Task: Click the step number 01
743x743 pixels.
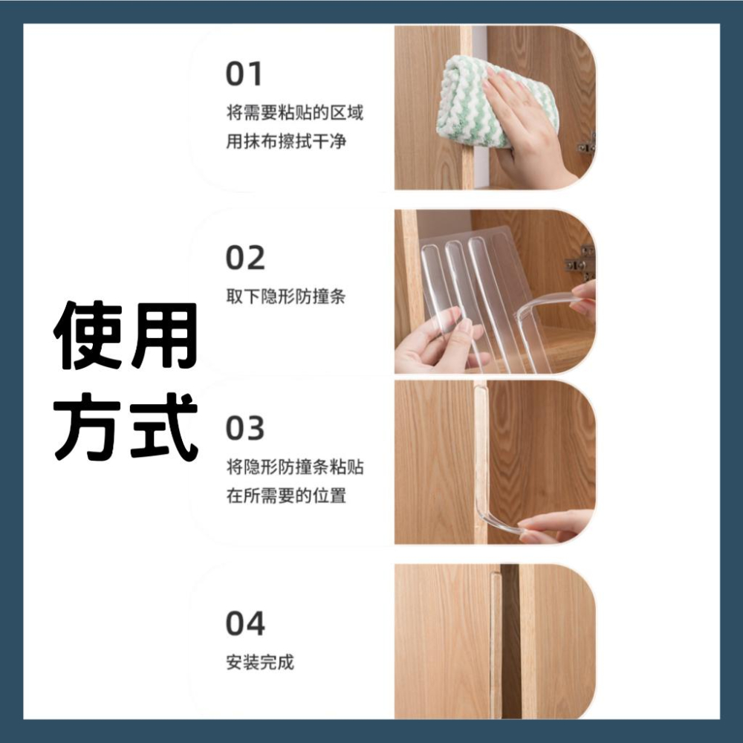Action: [244, 74]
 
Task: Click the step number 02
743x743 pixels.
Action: [245, 258]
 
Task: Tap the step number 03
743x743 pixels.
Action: [245, 428]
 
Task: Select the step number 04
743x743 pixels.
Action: [245, 623]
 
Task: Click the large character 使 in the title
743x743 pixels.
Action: [88, 335]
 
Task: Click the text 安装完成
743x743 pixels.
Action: [260, 662]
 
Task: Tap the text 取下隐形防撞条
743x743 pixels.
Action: [286, 296]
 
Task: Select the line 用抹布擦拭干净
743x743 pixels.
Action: [286, 141]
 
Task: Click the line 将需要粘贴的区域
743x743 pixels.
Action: [295, 113]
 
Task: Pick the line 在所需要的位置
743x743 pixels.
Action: [286, 496]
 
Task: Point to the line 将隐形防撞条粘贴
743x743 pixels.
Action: [295, 467]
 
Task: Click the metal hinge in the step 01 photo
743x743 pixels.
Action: [588, 146]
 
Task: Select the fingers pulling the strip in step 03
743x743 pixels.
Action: [559, 526]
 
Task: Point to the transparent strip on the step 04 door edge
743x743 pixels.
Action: [496, 644]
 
